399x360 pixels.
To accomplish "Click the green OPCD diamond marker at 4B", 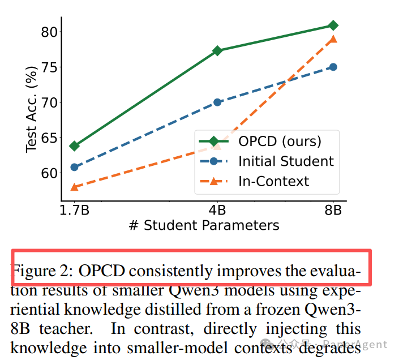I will click(217, 51).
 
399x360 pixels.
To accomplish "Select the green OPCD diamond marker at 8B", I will click(333, 25).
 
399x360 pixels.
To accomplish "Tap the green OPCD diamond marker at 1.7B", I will click(74, 146).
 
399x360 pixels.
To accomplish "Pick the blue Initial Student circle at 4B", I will click(217, 102).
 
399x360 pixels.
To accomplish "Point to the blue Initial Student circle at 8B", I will click(333, 67).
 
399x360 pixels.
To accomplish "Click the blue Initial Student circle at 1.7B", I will click(74, 167).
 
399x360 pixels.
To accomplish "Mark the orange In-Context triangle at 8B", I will click(333, 39).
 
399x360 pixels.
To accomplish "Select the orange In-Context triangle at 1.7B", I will click(74, 187).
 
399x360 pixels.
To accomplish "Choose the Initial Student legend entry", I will click(286, 161).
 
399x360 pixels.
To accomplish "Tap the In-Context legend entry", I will click(274, 181).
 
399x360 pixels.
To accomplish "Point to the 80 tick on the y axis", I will click(49, 32).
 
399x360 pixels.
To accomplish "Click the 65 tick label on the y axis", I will click(49, 138).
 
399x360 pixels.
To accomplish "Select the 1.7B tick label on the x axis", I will click(74, 211).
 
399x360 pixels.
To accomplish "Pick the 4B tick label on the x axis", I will click(217, 211).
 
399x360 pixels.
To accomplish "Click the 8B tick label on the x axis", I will click(333, 211).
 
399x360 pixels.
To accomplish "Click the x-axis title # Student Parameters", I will click(204, 225).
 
